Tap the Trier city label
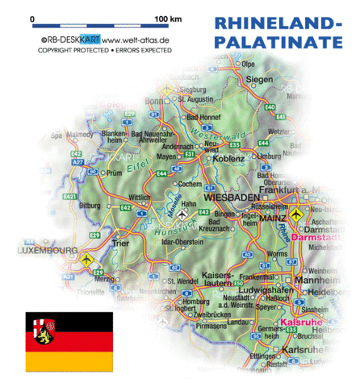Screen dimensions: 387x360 pyautogui.click(x=120, y=241)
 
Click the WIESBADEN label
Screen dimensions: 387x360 pyautogui.click(x=232, y=197)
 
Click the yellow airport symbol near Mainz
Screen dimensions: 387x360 pyautogui.click(x=297, y=216)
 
